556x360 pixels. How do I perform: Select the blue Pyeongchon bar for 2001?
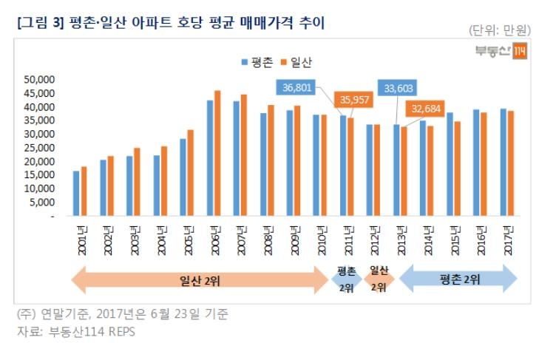(75, 194)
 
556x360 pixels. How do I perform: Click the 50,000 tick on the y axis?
(40, 80)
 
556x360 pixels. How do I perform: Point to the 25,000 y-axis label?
(40, 148)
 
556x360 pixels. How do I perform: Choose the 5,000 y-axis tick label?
(42, 203)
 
